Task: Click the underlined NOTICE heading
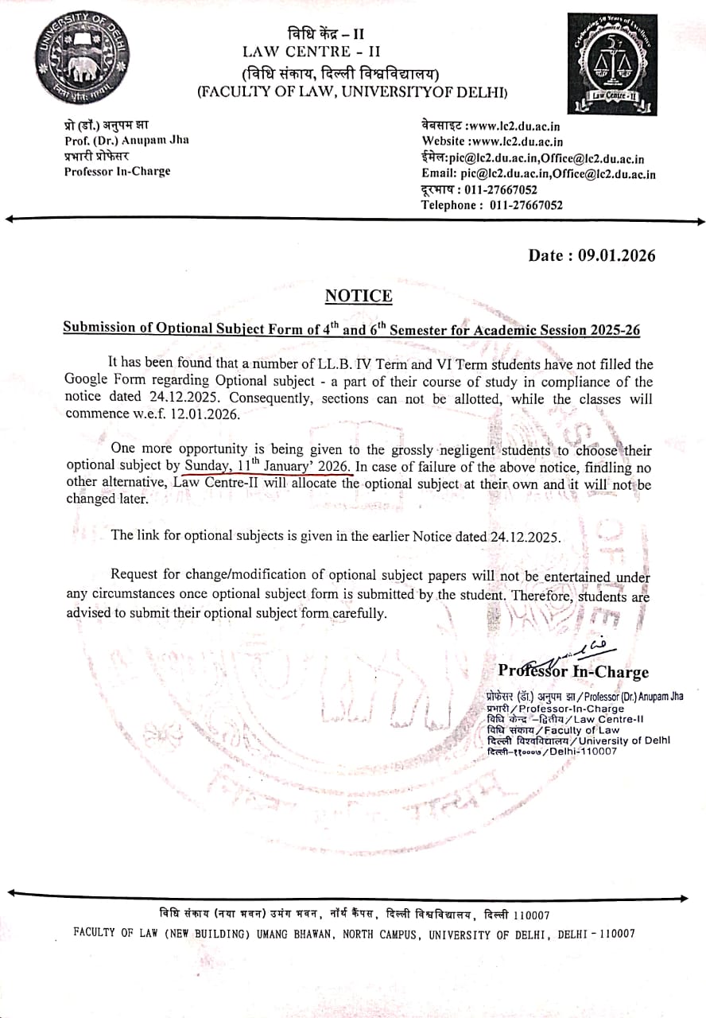[x=359, y=297]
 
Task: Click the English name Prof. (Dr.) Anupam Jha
[x=126, y=140]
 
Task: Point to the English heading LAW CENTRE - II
[x=307, y=52]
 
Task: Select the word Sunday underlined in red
[x=207, y=467]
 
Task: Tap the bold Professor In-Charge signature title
[x=573, y=672]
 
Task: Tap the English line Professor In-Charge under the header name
[x=117, y=171]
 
